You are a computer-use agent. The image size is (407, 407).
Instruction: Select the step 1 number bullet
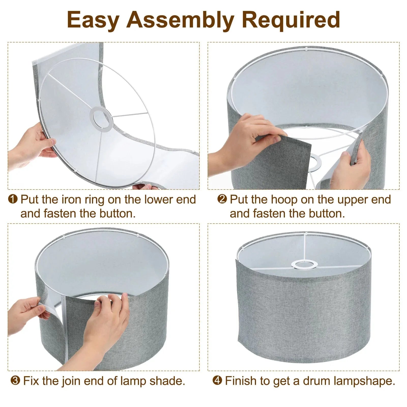pos(13,199)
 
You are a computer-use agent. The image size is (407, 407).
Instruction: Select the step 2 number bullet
pos(222,199)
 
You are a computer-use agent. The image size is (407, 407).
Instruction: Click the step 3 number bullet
pos(15,381)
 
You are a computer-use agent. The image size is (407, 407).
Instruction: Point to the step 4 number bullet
pos(217,381)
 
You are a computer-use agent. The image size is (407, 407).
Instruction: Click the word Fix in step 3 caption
pos(32,381)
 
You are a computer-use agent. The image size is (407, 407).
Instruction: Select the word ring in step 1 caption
pos(95,199)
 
